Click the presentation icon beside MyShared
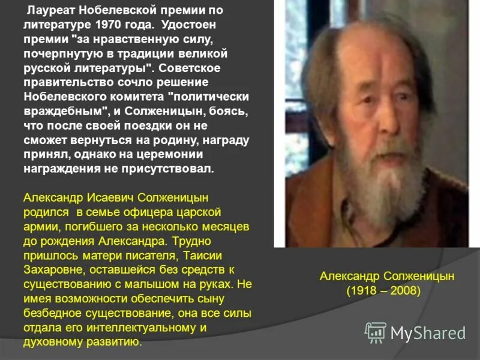[376, 332]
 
